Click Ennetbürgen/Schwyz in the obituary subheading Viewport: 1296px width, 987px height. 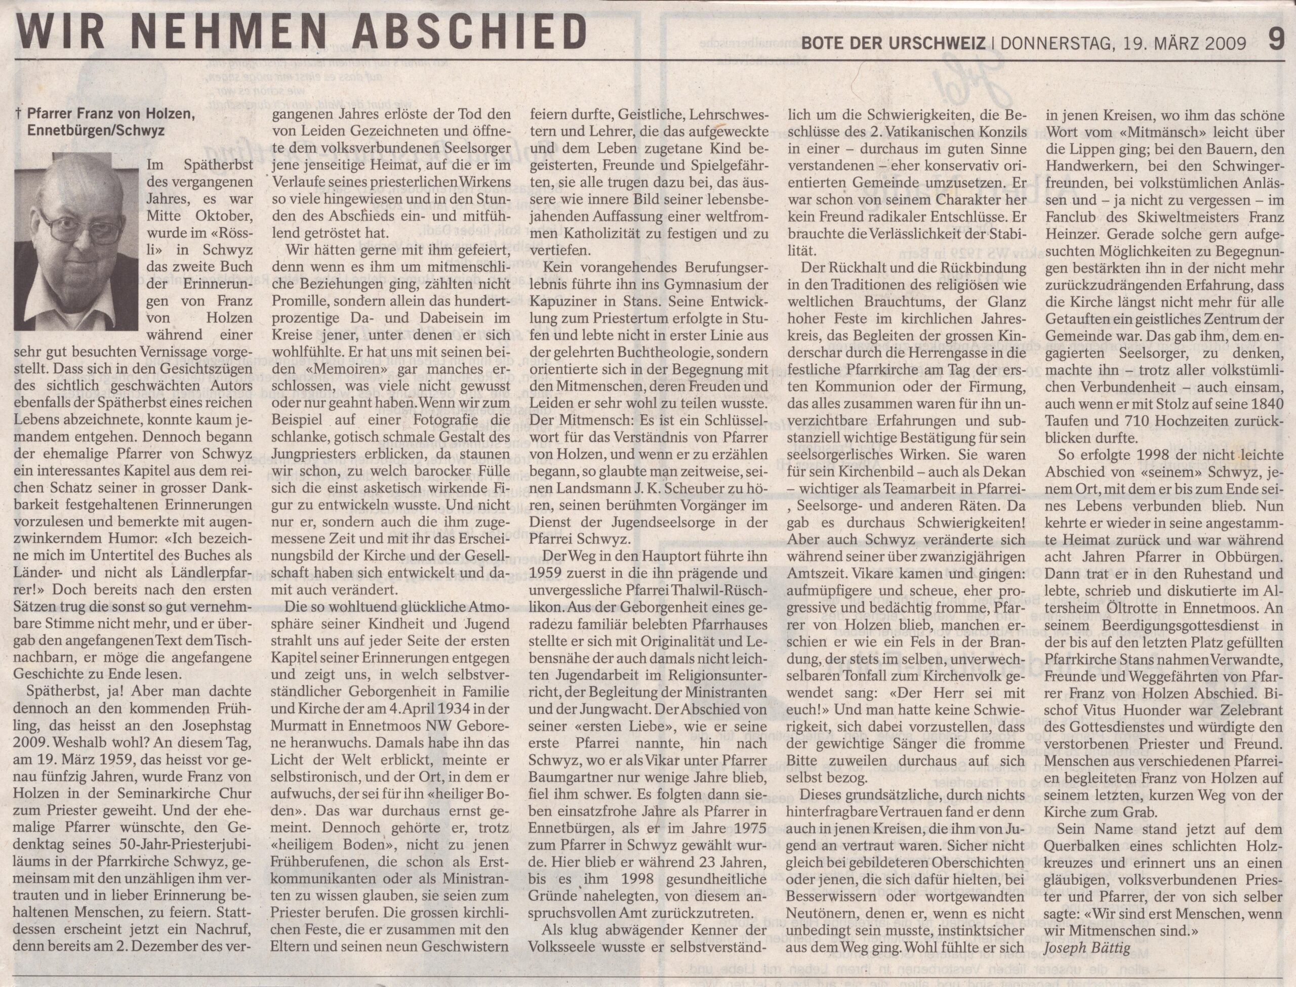point(96,132)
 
